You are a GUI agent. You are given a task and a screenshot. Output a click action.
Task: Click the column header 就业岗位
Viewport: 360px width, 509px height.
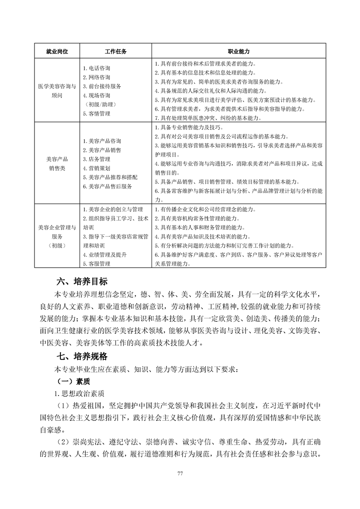pos(57,51)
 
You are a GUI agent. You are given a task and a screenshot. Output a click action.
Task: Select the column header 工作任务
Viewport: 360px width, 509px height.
pos(115,51)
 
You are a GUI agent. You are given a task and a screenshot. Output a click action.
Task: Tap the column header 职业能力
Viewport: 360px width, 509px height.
pos(238,51)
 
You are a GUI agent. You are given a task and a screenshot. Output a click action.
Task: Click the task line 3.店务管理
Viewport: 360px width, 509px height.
pos(96,159)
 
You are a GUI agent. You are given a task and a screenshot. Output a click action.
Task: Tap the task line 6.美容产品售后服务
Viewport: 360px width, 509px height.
pos(108,186)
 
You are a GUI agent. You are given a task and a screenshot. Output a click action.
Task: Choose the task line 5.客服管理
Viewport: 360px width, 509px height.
pos(96,264)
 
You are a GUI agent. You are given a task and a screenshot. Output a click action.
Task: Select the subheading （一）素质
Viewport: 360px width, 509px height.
pos(72,382)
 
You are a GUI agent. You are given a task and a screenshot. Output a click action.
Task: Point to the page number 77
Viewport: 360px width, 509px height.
pos(180,474)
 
